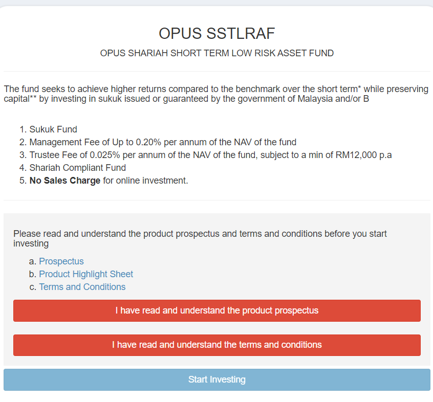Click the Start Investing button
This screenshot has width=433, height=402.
(217, 379)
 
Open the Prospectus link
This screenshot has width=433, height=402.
(61, 261)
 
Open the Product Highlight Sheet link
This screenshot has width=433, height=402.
(86, 274)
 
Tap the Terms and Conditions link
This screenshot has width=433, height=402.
(82, 287)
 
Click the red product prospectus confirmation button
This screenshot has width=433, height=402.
(217, 310)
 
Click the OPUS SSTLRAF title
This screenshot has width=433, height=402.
(217, 34)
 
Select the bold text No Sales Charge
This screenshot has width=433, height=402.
(65, 181)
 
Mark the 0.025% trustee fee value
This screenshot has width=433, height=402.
(105, 155)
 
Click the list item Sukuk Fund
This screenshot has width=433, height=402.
(53, 129)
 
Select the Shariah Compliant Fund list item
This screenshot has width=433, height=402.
(78, 168)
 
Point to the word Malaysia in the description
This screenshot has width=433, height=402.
(315, 99)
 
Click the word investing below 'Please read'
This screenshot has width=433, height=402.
(31, 243)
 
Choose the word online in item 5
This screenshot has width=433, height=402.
(127, 181)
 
